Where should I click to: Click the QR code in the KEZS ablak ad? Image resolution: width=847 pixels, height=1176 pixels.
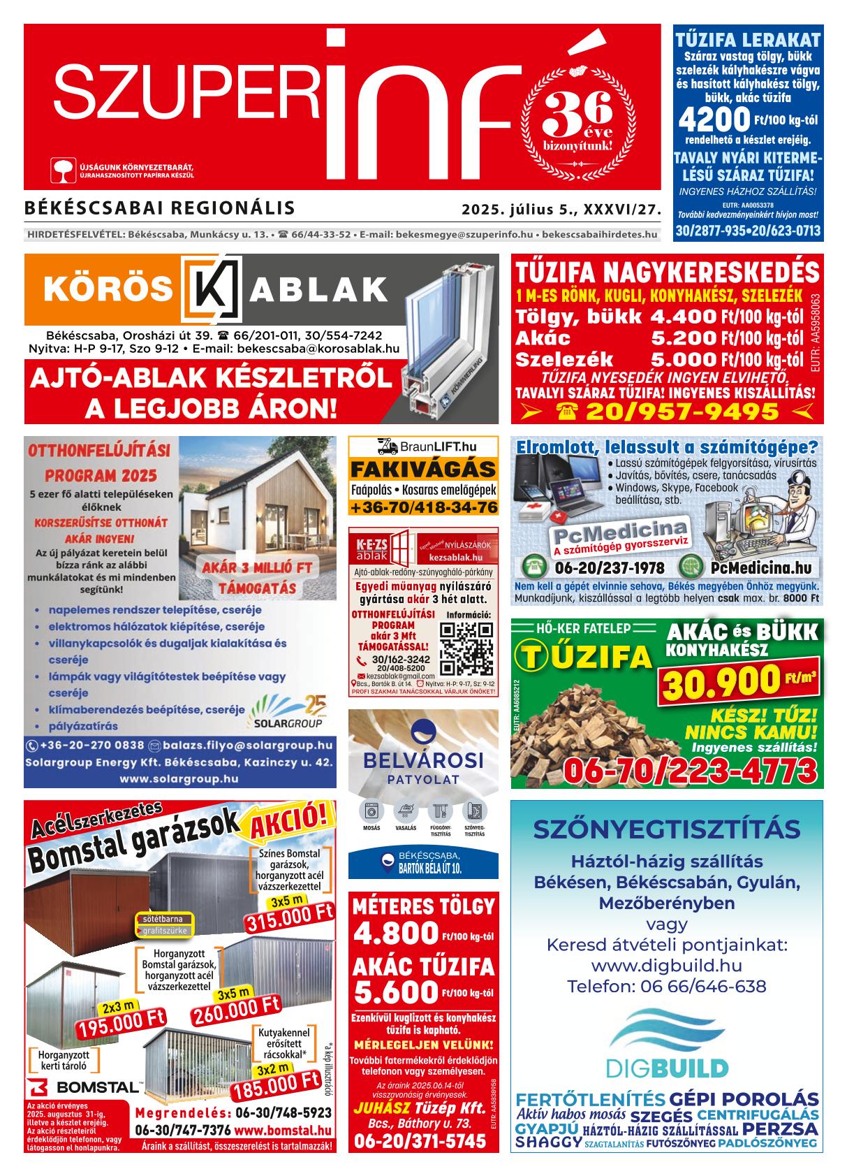[466, 647]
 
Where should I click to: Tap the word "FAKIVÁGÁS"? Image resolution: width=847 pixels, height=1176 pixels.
[423, 469]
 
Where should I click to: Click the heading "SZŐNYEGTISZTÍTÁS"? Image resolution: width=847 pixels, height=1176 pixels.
[666, 829]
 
